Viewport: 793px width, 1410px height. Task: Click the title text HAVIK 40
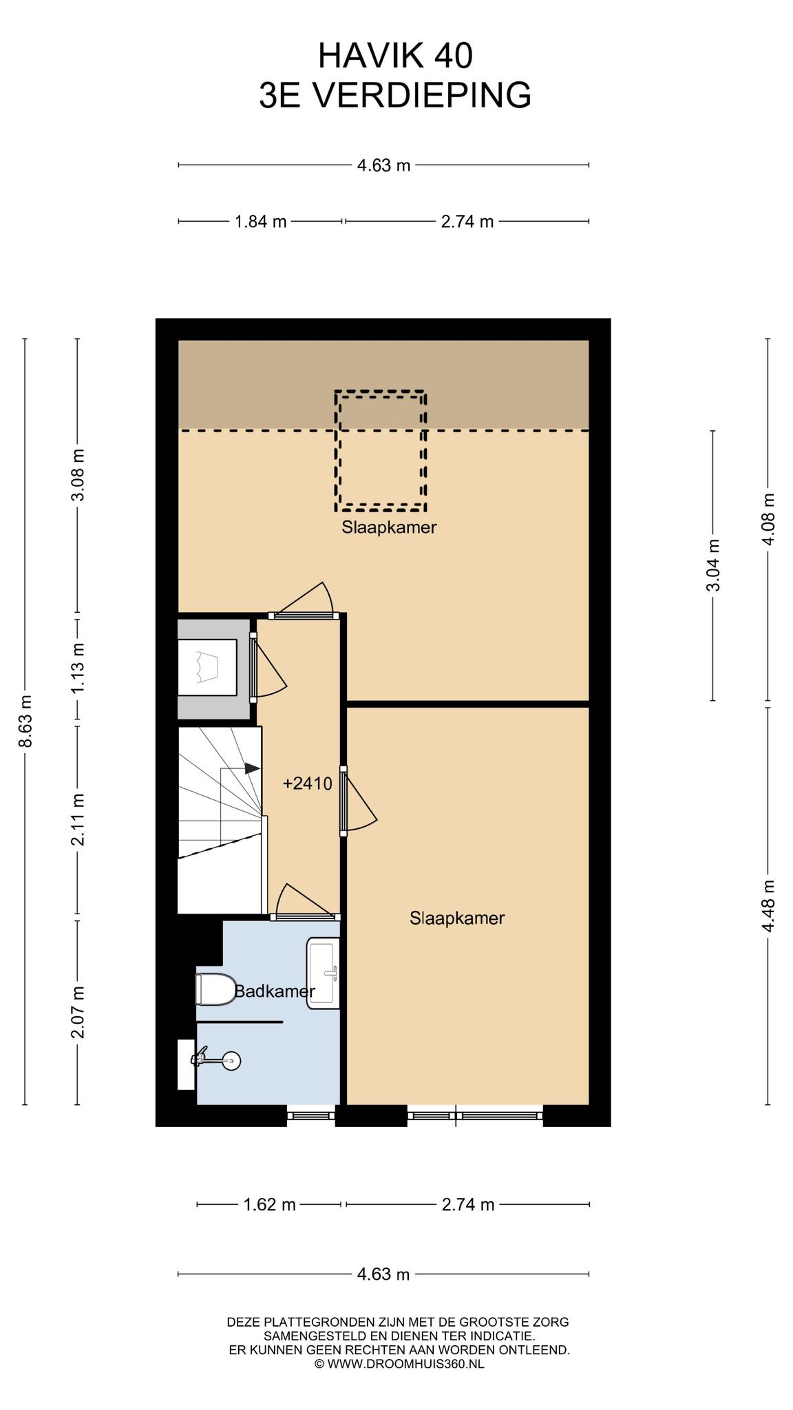coord(396,56)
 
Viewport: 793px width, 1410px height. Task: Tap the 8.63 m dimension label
coord(25,721)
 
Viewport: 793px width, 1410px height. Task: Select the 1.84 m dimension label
coord(260,222)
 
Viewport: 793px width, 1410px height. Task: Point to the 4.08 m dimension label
coord(768,519)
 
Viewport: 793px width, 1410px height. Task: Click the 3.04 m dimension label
coord(713,565)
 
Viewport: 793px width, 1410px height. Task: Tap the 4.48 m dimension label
coord(768,906)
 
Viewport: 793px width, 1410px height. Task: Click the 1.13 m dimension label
coord(78,669)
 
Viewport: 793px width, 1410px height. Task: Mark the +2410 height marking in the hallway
coord(308,783)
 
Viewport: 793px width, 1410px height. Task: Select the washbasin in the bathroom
coord(323,973)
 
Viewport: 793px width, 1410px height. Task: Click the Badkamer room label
coord(275,991)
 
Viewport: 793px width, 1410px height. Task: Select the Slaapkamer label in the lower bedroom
coord(457,918)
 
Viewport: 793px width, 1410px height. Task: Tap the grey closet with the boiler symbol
coord(213,669)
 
